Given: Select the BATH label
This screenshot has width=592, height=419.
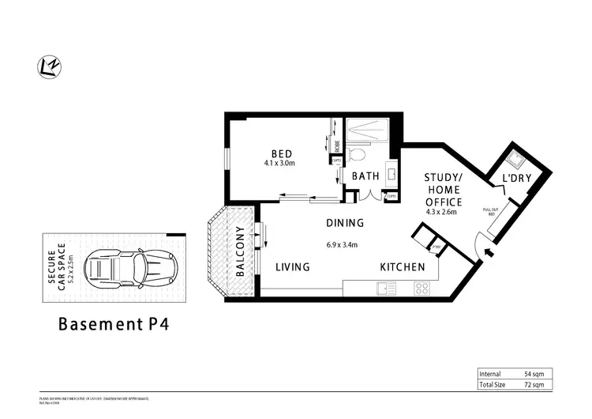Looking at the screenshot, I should (x=365, y=176).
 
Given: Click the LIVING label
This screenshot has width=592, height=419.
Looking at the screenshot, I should (x=292, y=267).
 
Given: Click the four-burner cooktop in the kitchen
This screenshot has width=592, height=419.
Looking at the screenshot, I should (x=423, y=289).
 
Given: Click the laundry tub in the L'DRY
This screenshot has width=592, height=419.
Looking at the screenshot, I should (x=517, y=160).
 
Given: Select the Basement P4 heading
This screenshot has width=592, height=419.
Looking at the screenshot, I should (x=114, y=324).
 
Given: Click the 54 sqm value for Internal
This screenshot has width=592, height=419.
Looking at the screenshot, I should (x=534, y=372).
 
